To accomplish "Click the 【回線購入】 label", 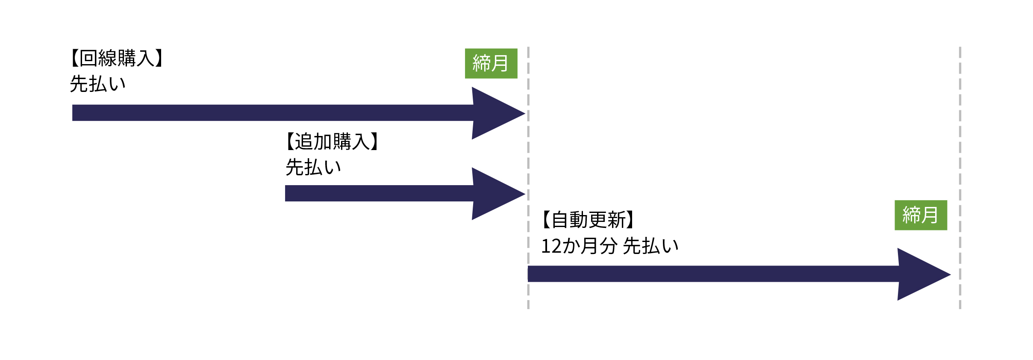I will point(117,58).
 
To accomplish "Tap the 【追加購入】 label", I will point(332,142).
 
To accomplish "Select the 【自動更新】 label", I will point(588,220).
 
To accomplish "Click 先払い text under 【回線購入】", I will point(98,84).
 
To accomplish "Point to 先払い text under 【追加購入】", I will point(313,167).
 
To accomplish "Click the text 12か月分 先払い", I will point(610,246).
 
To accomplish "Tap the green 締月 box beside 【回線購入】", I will point(491,63).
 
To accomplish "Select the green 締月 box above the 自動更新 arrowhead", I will point(921,215).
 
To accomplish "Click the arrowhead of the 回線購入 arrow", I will point(496,113).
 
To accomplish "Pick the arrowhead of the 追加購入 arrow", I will point(496,194).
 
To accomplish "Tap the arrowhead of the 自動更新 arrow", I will point(921,274).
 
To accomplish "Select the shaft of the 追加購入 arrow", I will point(376,193).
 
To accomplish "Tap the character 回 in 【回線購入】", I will point(88,58).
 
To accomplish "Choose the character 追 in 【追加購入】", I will point(304,142).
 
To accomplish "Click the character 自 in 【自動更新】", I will point(560,220).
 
